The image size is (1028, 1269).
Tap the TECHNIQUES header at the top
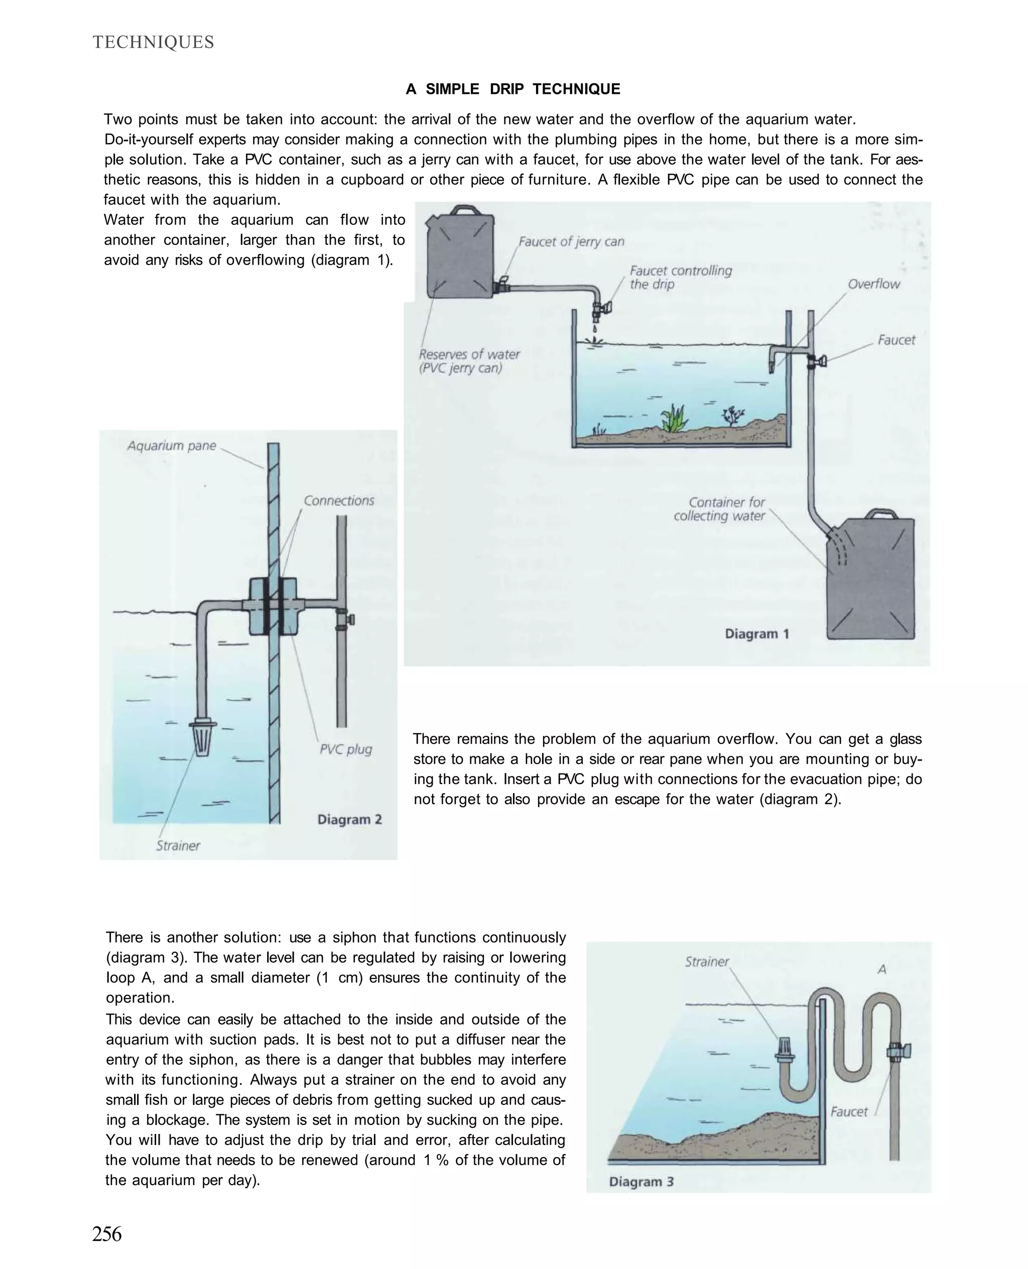[154, 43]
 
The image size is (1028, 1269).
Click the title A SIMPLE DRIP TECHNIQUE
[513, 89]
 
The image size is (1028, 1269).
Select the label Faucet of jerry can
[571, 241]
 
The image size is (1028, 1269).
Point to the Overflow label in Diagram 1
[873, 284]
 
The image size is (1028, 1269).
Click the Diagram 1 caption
[757, 634]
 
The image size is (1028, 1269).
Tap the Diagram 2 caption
[349, 820]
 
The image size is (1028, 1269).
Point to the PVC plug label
[346, 749]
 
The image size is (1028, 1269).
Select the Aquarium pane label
[172, 446]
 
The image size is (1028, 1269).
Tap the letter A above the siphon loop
[882, 970]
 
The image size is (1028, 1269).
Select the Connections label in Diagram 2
[339, 501]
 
